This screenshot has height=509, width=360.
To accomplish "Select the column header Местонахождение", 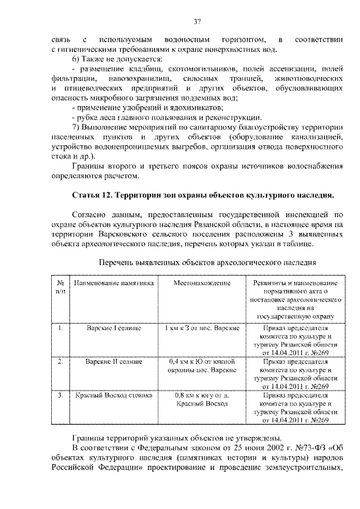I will coord(202,284).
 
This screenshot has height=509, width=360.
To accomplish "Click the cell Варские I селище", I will coord(114,327).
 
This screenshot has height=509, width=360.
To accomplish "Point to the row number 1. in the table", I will coord(60,327).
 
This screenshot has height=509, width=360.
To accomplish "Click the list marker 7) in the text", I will coord(76,127).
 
